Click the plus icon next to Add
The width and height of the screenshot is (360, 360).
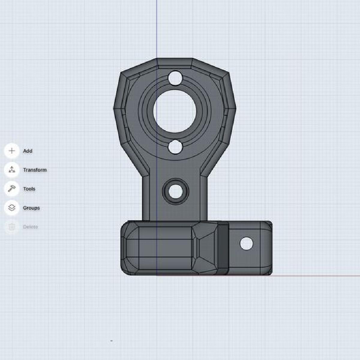pos(12,151)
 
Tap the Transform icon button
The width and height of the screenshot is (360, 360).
pos(12,170)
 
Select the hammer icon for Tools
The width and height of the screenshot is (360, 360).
pos(12,189)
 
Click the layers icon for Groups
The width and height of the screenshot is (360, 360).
pos(12,208)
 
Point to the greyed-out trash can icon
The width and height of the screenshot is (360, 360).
pos(12,227)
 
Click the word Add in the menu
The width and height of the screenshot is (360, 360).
pos(28,151)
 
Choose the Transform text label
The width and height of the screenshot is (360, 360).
pos(35,170)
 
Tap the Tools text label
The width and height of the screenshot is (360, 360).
pos(29,189)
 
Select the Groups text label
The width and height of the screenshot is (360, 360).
pos(31,208)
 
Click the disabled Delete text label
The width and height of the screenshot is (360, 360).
pos(31,227)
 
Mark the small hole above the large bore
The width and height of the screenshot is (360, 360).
pos(175,78)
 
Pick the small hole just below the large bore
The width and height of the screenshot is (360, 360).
pos(175,147)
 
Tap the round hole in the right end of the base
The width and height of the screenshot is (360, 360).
pos(246,244)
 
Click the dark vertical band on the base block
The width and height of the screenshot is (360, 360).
pos(223,248)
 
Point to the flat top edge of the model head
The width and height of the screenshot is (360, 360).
pos(175,59)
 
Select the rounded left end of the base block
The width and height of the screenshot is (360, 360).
pos(124,248)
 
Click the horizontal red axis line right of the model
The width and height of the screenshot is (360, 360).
pos(315,276)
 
